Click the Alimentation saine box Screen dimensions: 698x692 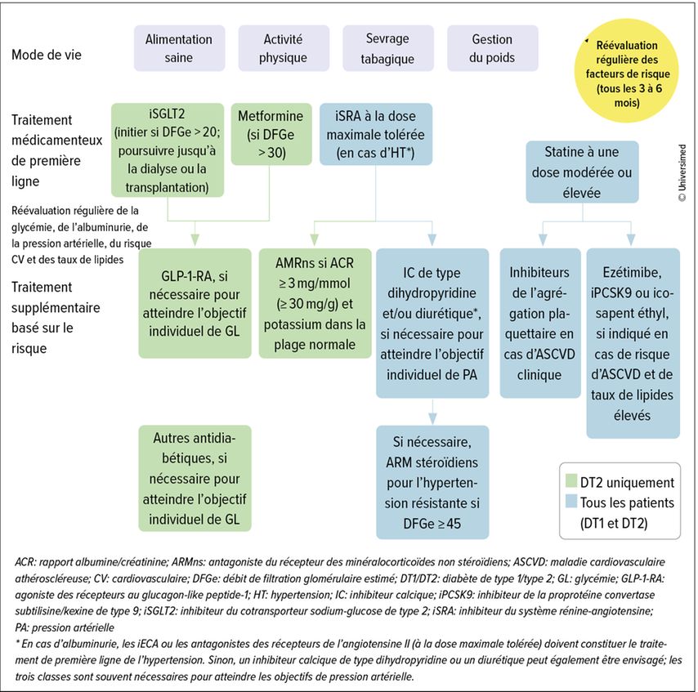pyautogui.click(x=179, y=48)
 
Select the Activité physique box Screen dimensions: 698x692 pyautogui.click(x=284, y=48)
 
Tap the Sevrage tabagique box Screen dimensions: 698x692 pyautogui.click(x=387, y=48)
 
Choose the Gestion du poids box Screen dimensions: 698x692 pyautogui.click(x=492, y=48)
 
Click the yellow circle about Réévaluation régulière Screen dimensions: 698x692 pyautogui.click(x=626, y=70)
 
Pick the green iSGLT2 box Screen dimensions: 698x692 pyautogui.click(x=168, y=150)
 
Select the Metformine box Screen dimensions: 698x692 pyautogui.click(x=271, y=134)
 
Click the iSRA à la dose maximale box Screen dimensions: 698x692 pyautogui.click(x=376, y=134)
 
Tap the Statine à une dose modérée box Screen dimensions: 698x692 pyautogui.click(x=582, y=172)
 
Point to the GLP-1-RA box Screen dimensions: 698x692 pyautogui.click(x=195, y=303)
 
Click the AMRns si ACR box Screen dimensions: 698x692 pyautogui.click(x=315, y=303)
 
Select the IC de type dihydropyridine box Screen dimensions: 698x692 pyautogui.click(x=432, y=323)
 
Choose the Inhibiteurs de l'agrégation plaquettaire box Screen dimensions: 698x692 pyautogui.click(x=540, y=323)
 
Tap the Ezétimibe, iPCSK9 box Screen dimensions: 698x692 pyautogui.click(x=633, y=343)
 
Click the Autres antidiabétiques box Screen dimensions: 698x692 pyautogui.click(x=195, y=479)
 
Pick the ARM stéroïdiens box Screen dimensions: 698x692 pyautogui.click(x=432, y=482)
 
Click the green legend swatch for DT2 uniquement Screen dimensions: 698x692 pyautogui.click(x=571, y=481)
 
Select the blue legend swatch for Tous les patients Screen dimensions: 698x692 pyautogui.click(x=571, y=501)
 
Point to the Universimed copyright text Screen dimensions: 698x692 pyautogui.click(x=682, y=172)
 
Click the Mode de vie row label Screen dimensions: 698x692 pyautogui.click(x=47, y=55)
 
